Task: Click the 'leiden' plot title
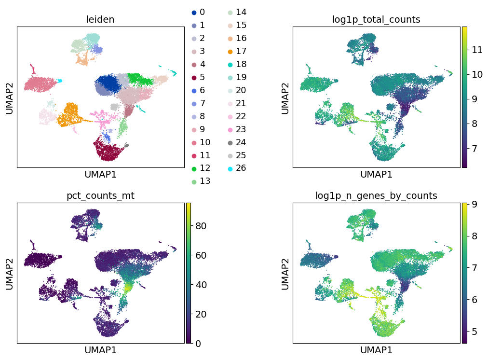[x=100, y=20]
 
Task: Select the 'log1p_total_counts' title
[x=376, y=20]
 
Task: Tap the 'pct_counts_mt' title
[x=100, y=196]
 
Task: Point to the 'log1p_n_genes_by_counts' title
[x=376, y=196]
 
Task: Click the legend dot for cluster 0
[x=194, y=12]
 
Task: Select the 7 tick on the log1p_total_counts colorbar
[x=472, y=148]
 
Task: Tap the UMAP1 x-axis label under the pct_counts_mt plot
[x=100, y=350]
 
